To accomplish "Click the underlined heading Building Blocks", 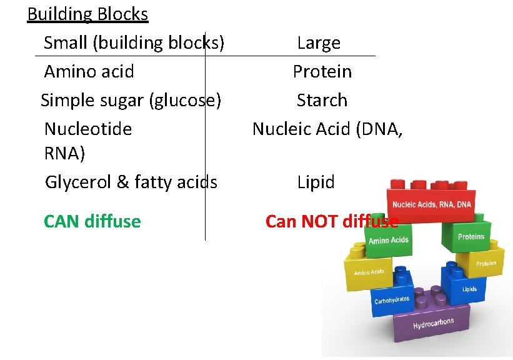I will point(87,14).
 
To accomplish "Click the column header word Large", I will point(319,43).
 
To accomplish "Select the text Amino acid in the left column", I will point(89,71).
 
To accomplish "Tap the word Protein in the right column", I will point(322,71).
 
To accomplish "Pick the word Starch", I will point(322,100).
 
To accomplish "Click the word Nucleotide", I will point(88,129).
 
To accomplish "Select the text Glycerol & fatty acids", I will point(131,182).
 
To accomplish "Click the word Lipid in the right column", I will point(316,182).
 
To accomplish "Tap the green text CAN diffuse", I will point(92,221).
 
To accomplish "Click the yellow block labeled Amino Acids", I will point(369,272).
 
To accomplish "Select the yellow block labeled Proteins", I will point(484,262).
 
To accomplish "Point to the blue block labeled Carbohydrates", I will point(392,301).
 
